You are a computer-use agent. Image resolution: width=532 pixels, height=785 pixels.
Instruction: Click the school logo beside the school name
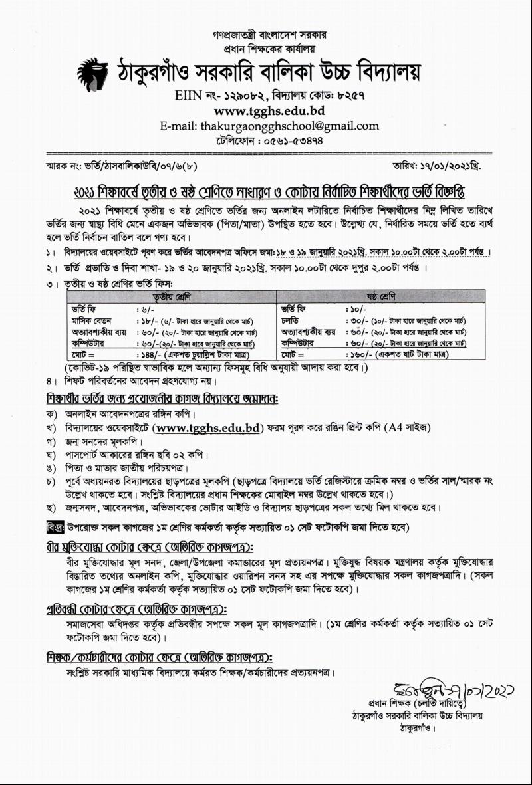pos(93,72)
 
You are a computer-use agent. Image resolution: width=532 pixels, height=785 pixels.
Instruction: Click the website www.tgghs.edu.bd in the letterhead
pos(269,110)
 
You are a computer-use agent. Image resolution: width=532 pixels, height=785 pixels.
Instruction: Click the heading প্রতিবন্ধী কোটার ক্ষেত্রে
pos(136,609)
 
